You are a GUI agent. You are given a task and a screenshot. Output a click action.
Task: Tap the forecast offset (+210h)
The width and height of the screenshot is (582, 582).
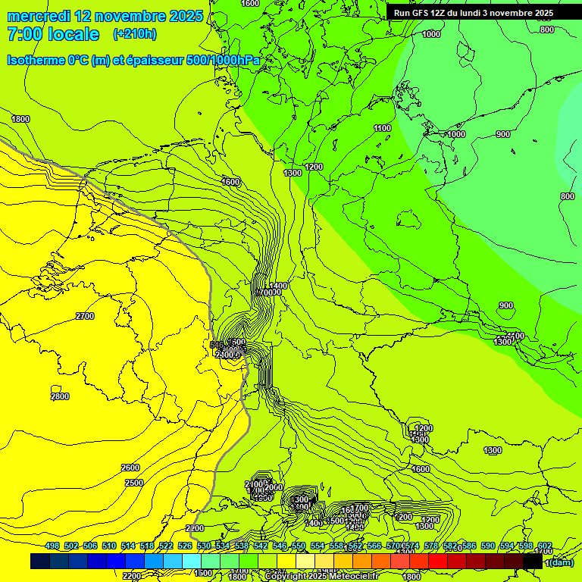pos(135,34)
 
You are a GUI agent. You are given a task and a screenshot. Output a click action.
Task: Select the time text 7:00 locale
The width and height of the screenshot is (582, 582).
pos(53,34)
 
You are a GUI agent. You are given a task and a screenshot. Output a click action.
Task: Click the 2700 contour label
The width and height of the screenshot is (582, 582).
pos(85,316)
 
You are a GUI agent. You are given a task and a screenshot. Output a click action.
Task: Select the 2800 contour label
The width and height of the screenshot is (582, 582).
pos(60,396)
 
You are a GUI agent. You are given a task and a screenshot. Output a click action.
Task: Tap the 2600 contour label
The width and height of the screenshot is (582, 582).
pos(130,468)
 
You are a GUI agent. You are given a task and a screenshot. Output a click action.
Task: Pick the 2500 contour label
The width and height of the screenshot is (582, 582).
pos(134,483)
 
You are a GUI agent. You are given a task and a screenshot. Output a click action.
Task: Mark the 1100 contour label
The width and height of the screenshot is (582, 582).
pos(383,129)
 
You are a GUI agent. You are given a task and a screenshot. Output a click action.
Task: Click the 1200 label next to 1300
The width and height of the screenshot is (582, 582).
pos(314,167)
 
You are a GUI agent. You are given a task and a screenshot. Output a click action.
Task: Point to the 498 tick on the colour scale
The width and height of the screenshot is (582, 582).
pos(52,546)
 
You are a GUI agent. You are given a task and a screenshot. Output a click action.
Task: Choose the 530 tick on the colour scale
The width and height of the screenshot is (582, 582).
pos(204,546)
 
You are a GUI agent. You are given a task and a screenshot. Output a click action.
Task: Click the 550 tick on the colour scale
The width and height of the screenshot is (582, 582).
pos(299,546)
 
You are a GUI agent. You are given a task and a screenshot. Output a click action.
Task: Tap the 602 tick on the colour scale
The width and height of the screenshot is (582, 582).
pos(544,546)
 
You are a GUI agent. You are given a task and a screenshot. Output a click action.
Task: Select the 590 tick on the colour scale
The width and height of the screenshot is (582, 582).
pos(488,546)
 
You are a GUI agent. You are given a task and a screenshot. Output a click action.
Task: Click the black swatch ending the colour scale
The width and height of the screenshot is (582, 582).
pos(533,562)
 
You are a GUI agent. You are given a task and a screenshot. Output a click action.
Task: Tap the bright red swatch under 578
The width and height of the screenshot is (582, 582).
pos(438,562)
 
